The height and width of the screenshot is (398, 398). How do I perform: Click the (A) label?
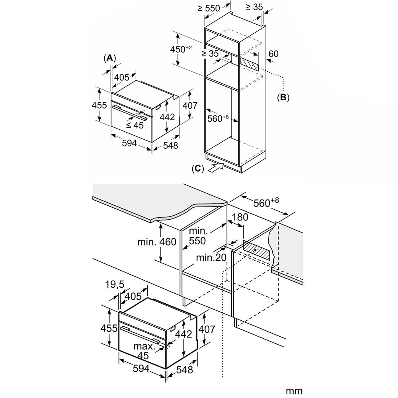pos(109,58)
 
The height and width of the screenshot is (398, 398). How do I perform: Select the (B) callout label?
pos(283,97)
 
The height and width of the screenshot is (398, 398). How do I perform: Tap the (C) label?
pos(197,168)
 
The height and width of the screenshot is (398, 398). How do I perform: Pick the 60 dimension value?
pos(273,54)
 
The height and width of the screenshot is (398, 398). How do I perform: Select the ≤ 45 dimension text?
pos(135,125)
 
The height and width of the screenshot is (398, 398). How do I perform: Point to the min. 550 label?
pos(197,236)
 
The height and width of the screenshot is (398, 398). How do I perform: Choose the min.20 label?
pos(211,258)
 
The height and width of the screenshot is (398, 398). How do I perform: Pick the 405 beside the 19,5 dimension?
pos(133,296)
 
